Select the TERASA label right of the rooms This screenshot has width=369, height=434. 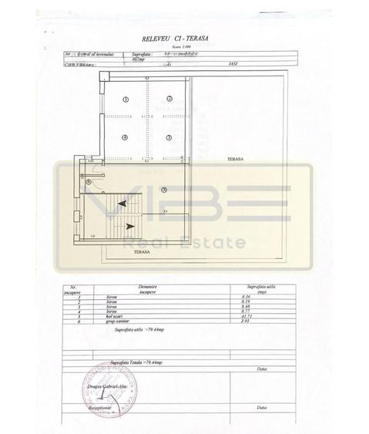235,159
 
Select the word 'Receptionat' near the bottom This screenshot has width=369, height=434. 99,409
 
